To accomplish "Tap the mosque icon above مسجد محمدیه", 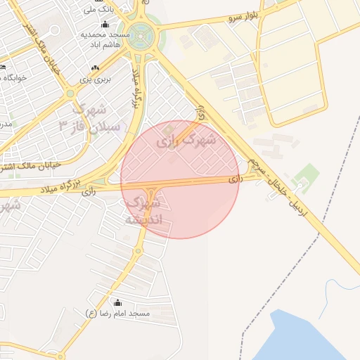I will click(105, 25).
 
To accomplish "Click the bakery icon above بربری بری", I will click(96, 68).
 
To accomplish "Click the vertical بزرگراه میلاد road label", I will click(138, 87).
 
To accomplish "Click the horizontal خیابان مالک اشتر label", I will click(31, 166).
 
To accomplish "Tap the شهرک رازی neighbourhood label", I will click(186, 140).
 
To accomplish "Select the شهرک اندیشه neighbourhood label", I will click(143, 211).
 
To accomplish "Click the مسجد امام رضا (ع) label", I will click(117, 312).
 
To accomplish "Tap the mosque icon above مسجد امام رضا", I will click(117, 302).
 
